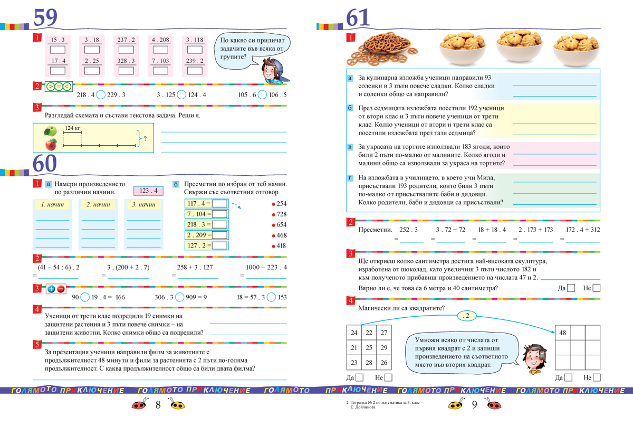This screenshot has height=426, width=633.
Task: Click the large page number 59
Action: pos(45,17)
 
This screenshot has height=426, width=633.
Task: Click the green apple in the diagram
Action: pos(51,131)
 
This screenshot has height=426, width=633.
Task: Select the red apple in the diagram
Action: pos(51,144)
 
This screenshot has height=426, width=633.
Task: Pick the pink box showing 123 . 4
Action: pos(149,191)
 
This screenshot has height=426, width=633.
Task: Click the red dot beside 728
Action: pos(273,214)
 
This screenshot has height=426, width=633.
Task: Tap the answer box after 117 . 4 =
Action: pos(219,203)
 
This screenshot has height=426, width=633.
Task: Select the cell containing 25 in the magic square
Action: pos(369,347)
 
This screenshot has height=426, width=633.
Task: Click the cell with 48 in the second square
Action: pos(563,333)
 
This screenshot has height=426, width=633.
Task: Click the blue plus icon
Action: pos(51,289)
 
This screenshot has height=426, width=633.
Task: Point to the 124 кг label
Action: pos(73,128)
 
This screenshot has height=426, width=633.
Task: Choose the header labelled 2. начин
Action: pos(98,204)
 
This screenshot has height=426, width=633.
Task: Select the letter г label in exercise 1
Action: pos(349,178)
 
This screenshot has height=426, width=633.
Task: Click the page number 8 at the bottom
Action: pos(158,405)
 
